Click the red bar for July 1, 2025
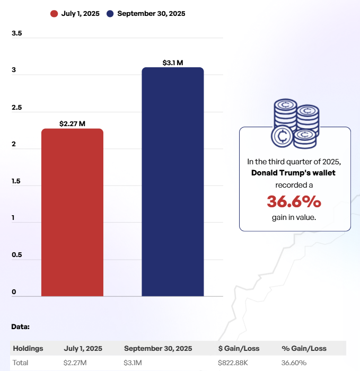72,212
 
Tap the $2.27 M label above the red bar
72,123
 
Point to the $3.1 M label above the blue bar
173,63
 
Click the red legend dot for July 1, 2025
54,14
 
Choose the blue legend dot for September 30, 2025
110,14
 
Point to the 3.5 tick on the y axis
16,33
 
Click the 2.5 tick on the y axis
16,108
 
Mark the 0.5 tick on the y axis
16,255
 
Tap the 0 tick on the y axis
14,292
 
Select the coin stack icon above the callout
294,123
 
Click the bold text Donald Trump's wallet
293,173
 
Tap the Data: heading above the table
21,326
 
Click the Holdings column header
28,348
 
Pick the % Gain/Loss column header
304,348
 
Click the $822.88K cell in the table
233,363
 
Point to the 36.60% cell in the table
294,363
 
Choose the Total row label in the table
21,363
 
